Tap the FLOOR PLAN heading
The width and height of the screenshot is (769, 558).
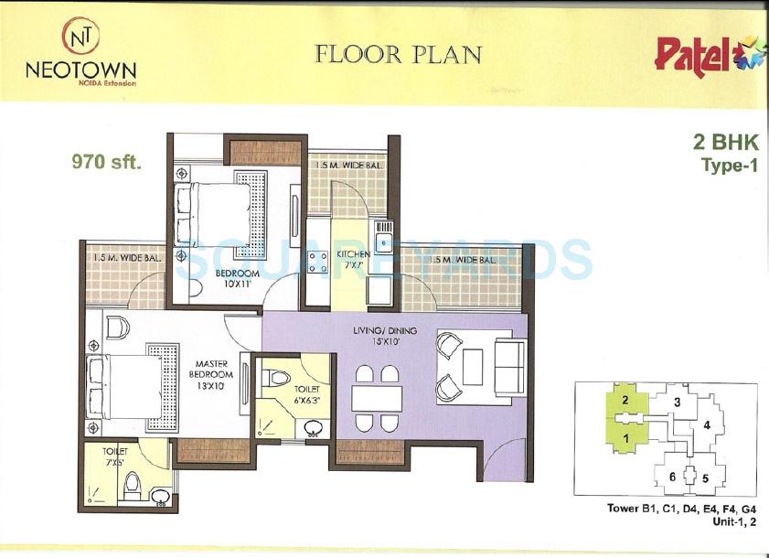coord(398,55)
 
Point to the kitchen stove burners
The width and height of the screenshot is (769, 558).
coord(317,262)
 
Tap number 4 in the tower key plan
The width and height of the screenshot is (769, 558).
coord(707,425)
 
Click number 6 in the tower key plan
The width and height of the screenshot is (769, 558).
coord(672,477)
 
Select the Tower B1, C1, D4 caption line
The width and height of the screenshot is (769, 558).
coord(681,508)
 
